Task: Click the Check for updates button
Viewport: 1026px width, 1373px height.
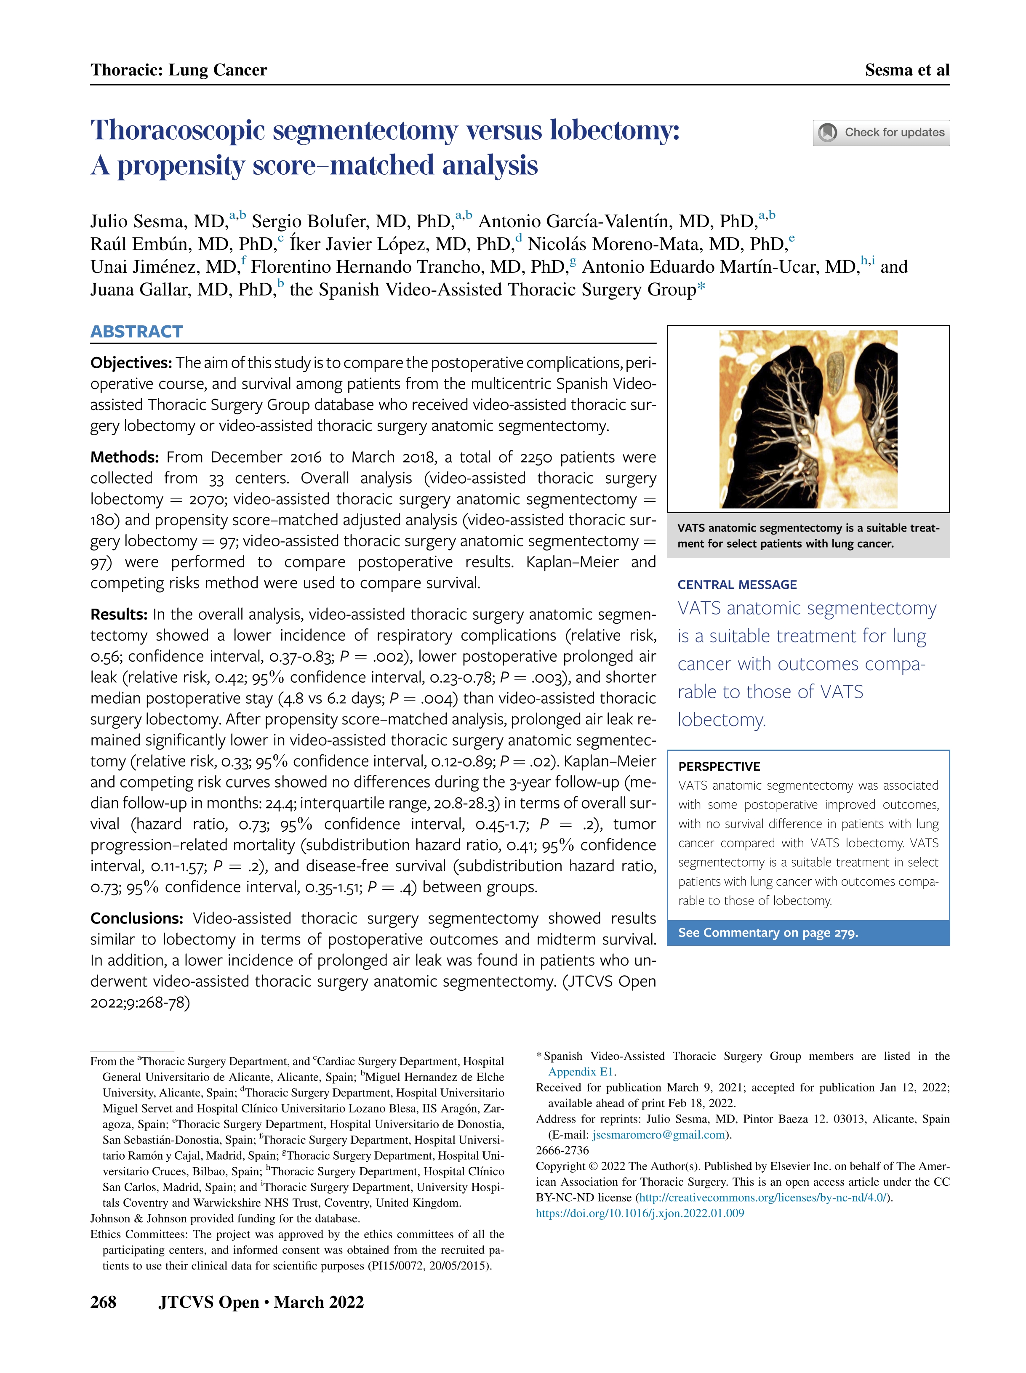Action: pos(881,133)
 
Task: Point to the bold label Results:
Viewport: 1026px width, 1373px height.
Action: pos(119,615)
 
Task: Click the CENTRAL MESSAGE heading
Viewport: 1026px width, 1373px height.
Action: pos(737,585)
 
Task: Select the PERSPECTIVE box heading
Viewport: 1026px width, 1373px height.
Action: pos(719,766)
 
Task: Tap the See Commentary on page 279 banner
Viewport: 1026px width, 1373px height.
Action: pos(768,933)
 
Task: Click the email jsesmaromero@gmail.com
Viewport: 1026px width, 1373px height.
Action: pos(658,1135)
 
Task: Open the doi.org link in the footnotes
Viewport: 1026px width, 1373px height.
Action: pos(640,1213)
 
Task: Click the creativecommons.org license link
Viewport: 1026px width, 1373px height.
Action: pos(763,1197)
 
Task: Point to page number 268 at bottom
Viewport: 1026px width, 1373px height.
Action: pos(103,1301)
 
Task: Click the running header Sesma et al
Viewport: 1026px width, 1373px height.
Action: pos(907,70)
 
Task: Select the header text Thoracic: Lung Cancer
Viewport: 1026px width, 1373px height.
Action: pos(179,70)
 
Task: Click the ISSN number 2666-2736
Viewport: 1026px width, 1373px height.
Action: pos(562,1150)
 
